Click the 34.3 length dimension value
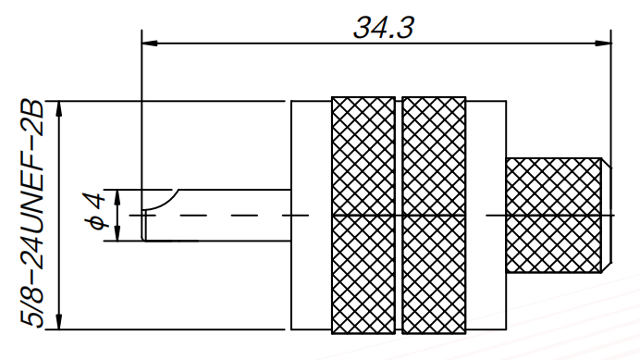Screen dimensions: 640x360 click(384, 28)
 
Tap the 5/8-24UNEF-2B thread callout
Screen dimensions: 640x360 click(31, 213)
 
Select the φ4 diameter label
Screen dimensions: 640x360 click(94, 211)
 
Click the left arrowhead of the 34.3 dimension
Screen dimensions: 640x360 click(150, 43)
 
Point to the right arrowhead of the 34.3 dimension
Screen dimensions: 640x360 click(604, 43)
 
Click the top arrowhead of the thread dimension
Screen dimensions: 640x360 click(59, 108)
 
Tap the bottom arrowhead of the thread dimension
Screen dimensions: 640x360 click(59, 321)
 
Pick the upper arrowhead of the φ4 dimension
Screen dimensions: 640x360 click(117, 197)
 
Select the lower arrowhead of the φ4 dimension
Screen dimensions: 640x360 click(117, 233)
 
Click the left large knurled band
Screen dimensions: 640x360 click(363, 216)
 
